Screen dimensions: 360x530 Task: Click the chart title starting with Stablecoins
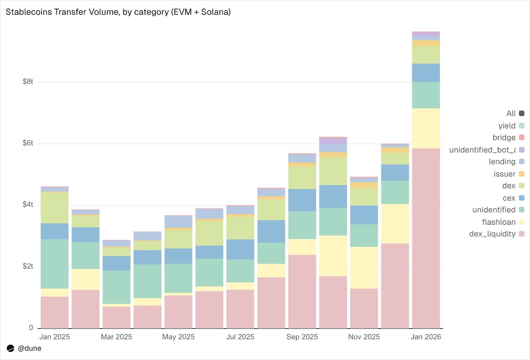118,12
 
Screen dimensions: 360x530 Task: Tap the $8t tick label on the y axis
28,82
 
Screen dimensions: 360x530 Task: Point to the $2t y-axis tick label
28,266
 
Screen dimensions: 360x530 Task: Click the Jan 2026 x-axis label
426,337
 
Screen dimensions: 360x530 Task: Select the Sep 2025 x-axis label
302,337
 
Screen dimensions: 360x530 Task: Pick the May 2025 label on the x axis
178,337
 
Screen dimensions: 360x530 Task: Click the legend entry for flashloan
499,222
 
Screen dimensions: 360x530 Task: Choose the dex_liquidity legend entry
492,234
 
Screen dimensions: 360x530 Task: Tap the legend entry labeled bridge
504,138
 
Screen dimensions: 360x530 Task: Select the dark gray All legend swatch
521,113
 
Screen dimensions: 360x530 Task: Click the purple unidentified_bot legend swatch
521,150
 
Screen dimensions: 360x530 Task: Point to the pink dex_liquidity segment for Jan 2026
426,239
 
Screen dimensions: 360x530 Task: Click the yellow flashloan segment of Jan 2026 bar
426,128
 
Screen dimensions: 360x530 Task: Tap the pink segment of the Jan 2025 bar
55,312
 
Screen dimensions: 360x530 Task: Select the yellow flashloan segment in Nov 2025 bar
364,268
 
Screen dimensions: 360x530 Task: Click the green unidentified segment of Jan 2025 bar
55,264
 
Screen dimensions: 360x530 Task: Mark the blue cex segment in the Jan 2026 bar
426,73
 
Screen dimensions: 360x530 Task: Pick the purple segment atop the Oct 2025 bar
333,141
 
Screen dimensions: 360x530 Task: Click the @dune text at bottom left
29,348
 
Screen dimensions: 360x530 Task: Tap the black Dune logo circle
11,348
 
